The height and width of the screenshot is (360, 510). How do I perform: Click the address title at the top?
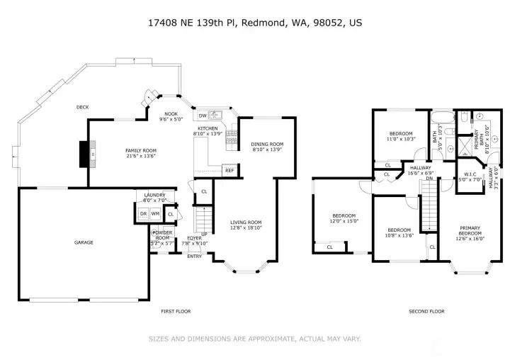[254, 22]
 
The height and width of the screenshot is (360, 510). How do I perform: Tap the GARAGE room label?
[84, 242]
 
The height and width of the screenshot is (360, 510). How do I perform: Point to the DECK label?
[83, 107]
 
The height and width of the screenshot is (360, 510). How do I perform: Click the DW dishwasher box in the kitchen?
[203, 115]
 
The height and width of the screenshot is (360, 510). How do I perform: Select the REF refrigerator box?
[229, 171]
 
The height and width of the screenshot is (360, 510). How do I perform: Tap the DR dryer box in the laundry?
[143, 213]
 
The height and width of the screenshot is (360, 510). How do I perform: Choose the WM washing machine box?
[155, 213]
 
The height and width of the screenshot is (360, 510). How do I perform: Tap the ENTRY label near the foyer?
[194, 256]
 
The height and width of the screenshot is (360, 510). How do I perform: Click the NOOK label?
[171, 113]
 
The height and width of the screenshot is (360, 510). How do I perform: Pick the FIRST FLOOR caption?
[175, 311]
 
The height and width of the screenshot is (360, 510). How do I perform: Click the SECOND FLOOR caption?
[426, 311]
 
